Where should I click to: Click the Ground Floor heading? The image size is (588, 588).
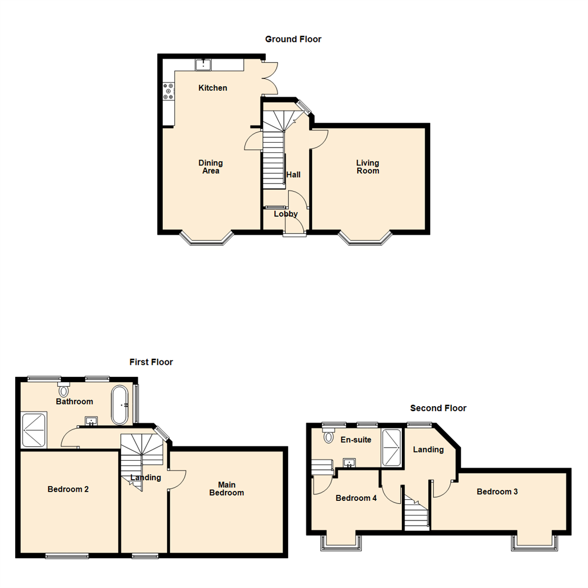293,39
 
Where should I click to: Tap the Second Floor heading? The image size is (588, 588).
438,408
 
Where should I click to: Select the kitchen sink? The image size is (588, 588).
204,65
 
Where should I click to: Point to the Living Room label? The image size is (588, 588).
367,167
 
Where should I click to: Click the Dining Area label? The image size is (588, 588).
211,167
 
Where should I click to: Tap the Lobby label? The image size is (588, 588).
286,214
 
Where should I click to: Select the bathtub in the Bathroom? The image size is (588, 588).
120,405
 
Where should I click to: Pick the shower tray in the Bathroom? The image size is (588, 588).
34,430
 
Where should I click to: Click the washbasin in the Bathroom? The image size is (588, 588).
91,421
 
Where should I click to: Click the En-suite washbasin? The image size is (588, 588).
349,463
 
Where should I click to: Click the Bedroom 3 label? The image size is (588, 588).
497,492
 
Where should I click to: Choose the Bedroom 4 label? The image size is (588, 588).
356,498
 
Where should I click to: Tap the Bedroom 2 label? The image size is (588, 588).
68,489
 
